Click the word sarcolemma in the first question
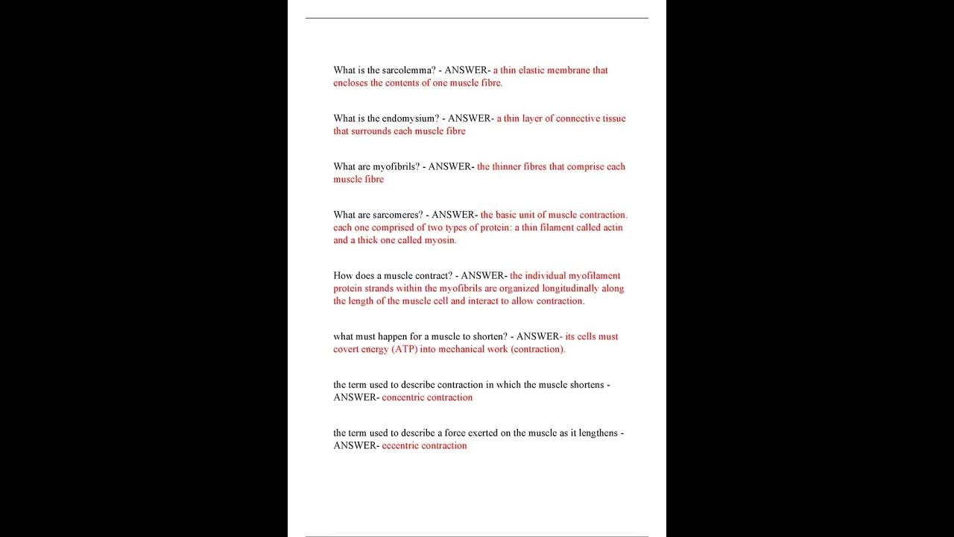coord(408,70)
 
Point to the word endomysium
coord(411,119)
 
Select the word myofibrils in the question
coord(397,167)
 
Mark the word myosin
coord(440,240)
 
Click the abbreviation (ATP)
coord(405,349)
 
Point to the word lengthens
coord(595,433)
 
